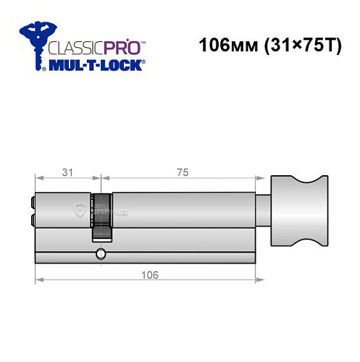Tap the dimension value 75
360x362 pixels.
[x=179, y=172]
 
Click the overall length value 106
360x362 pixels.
[x=149, y=276]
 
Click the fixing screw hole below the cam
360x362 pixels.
[x=99, y=254]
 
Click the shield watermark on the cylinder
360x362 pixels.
[x=80, y=211]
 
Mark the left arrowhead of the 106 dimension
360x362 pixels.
[x=38, y=281]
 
